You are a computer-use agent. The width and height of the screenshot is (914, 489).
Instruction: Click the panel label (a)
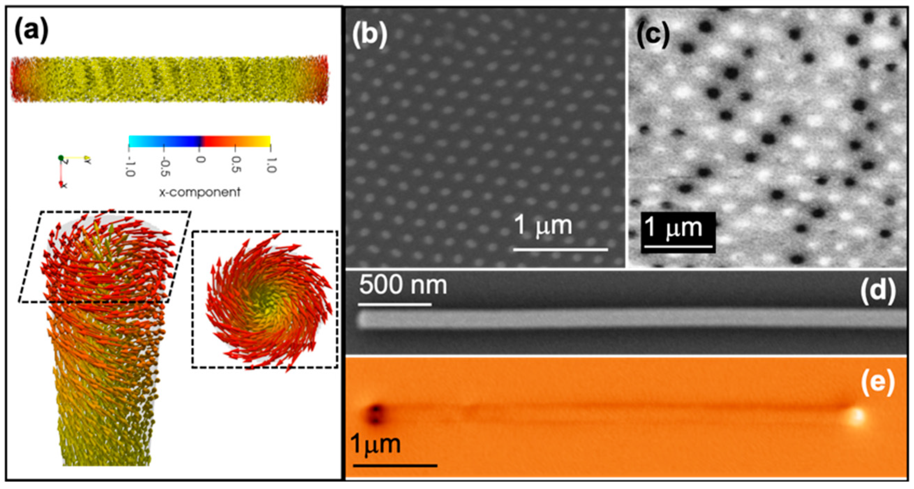pyautogui.click(x=31, y=31)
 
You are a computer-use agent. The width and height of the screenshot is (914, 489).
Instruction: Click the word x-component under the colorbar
pyautogui.click(x=200, y=192)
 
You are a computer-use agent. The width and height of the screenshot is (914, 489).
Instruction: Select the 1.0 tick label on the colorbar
pyautogui.click(x=270, y=165)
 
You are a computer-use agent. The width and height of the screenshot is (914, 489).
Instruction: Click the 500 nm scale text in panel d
pyautogui.click(x=403, y=285)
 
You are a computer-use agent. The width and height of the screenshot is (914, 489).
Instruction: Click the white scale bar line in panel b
pyautogui.click(x=560, y=250)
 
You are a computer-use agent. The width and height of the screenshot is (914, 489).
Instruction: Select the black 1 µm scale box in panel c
pyautogui.click(x=678, y=232)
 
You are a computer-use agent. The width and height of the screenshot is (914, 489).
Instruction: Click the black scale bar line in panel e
pyautogui.click(x=395, y=465)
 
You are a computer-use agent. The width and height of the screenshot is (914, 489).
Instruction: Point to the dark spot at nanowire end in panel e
pyautogui.click(x=375, y=414)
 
